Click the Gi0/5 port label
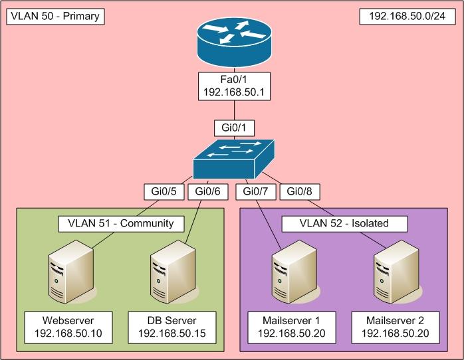pyautogui.click(x=164, y=193)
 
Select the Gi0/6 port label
pyautogui.click(x=208, y=193)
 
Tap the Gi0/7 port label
pyautogui.click(x=255, y=193)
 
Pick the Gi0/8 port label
pyautogui.click(x=300, y=193)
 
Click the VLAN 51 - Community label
pyautogui.click(x=120, y=223)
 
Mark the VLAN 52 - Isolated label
pyautogui.click(x=344, y=223)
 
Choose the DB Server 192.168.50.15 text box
pyautogui.click(x=172, y=326)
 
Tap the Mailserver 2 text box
pyautogui.click(x=396, y=326)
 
